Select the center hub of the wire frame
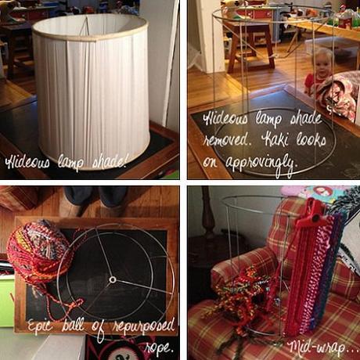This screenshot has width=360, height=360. tap(113, 279)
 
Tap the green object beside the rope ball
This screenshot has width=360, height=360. tap(6, 297)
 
